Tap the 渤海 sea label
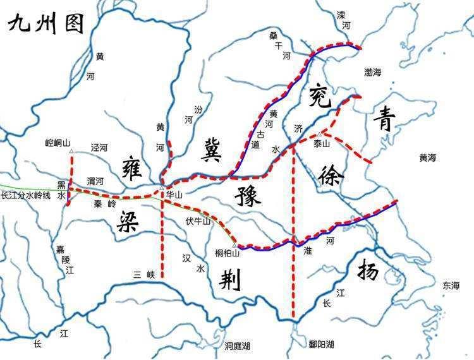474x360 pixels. pos(373,73)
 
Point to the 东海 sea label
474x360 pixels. pos(451,285)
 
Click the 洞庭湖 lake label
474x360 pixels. pos(237,346)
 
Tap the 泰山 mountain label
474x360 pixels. pos(322,144)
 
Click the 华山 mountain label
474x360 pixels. pos(174,196)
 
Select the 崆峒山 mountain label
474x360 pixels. pos(58,143)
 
